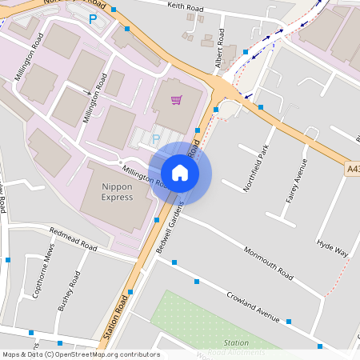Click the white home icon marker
coord(180,172)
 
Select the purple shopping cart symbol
coord(176,100)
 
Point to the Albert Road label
coord(211,54)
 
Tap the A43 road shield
coord(353,170)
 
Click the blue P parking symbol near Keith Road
coord(93,18)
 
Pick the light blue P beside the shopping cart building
coord(156,139)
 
